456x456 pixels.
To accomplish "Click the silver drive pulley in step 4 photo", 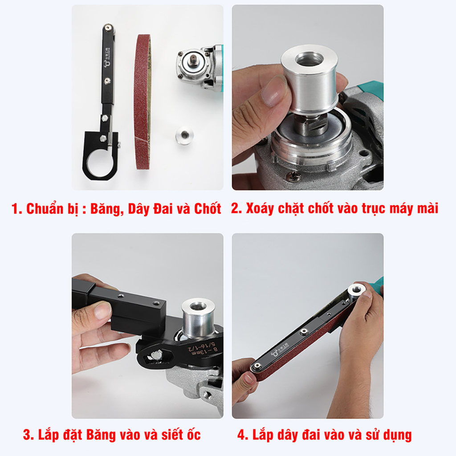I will point(357,292).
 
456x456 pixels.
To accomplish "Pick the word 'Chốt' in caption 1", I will point(207,209).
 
